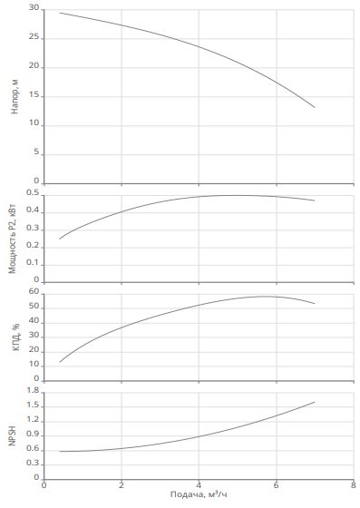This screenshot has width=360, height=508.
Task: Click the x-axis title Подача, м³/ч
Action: point(199,494)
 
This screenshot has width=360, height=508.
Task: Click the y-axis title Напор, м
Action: point(15,96)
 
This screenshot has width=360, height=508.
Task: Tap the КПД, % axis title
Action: point(15,337)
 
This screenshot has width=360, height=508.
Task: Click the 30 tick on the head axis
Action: point(34,8)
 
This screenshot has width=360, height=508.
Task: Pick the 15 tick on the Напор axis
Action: point(34,95)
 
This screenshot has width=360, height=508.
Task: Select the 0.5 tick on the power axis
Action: point(33,193)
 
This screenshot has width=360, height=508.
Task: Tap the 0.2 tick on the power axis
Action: point(33,246)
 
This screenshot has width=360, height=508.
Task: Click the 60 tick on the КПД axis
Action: point(34,291)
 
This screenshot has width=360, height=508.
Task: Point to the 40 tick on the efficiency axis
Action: point(34,321)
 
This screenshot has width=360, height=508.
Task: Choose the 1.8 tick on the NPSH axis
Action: point(33,391)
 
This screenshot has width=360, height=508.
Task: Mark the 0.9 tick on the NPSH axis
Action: point(33,435)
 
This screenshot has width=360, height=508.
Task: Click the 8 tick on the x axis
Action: point(354,485)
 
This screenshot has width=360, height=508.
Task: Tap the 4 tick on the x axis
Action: point(199,485)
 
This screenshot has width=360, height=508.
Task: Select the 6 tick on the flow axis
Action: point(277,485)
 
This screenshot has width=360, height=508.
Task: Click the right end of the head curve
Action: point(315,107)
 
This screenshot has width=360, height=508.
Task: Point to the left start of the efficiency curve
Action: point(60,362)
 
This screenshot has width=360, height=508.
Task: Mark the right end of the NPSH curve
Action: point(315,402)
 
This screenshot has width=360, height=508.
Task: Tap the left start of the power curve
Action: point(60,239)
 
